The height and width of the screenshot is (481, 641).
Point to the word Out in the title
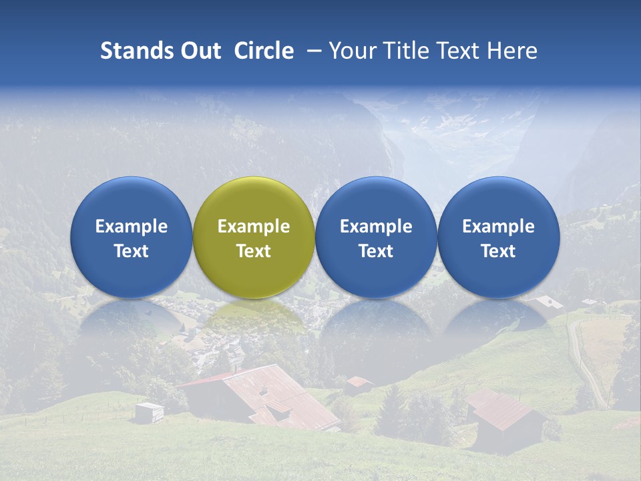(198, 51)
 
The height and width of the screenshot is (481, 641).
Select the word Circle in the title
(264, 51)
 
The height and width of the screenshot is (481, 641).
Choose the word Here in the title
(513, 51)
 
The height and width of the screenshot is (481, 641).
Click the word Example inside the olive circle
(254, 226)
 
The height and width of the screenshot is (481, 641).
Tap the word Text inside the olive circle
(254, 251)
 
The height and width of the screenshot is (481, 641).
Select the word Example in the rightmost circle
(498, 226)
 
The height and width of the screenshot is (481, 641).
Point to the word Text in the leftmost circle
(131, 251)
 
